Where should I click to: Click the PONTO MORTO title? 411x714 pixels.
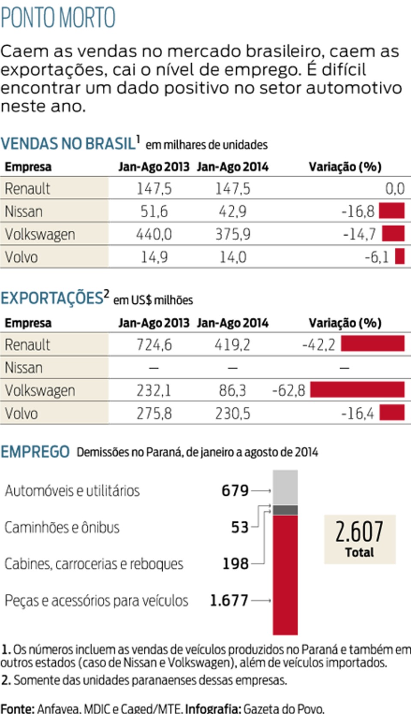point(58,18)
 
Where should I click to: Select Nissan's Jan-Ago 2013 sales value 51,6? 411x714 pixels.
point(154,211)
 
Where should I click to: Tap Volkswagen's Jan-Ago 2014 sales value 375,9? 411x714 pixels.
point(233,234)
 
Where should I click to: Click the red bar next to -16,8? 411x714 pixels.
point(392,211)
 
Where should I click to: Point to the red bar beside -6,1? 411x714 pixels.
point(399,256)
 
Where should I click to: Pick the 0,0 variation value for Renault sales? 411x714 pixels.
point(395,189)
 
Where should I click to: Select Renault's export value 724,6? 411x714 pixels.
point(154,344)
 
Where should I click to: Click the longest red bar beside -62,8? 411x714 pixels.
point(357,389)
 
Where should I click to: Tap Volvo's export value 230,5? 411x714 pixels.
point(232,413)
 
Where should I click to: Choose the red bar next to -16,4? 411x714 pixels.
point(392,412)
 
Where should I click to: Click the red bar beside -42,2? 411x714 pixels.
point(372,344)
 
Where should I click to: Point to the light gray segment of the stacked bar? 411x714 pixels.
point(285,487)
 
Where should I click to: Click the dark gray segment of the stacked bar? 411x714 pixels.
point(285,510)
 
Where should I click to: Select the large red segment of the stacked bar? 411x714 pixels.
point(285,575)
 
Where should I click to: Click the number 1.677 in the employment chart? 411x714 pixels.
point(229,601)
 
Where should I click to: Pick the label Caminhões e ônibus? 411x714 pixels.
point(62,527)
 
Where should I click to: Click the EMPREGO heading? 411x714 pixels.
point(35,452)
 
